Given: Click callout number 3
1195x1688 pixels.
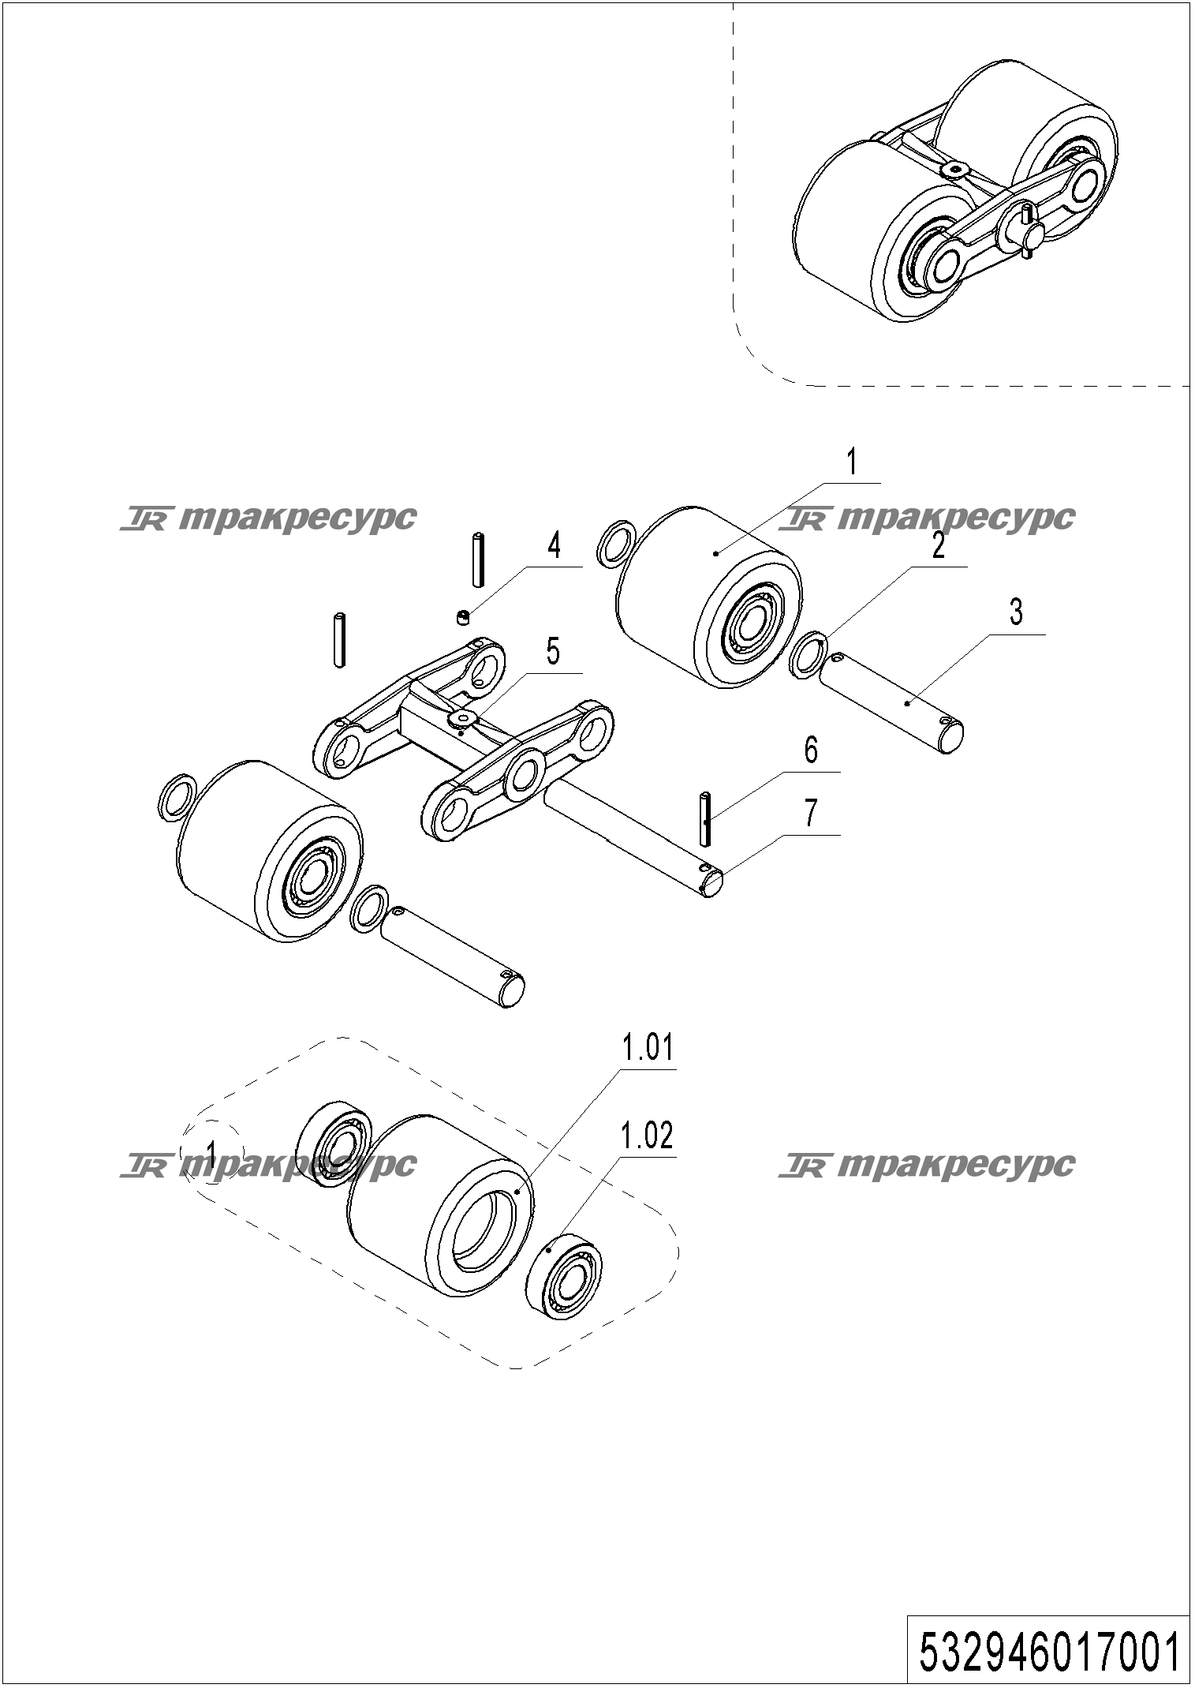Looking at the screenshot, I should tap(1016, 612).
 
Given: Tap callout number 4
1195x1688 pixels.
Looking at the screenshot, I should tap(555, 545).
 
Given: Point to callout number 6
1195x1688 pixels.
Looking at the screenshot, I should tap(812, 750).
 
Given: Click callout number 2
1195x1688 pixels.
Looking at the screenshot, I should tap(938, 545).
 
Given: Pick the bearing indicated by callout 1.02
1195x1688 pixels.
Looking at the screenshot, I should tap(562, 1278).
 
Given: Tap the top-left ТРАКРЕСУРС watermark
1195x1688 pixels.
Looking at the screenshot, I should tap(268, 519).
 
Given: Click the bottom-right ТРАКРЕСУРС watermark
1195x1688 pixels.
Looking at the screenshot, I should tap(927, 1165).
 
